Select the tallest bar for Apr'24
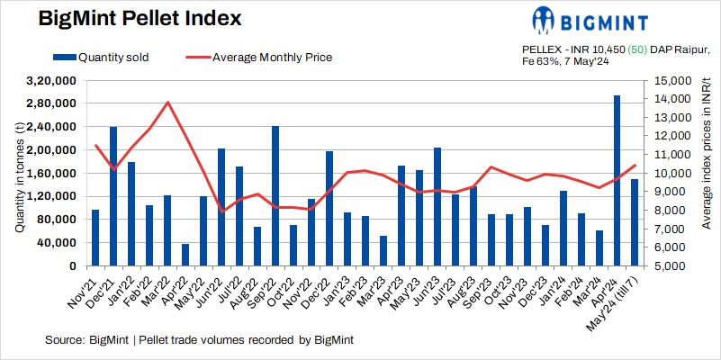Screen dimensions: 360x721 pos(617,181)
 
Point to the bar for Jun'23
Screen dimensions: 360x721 pos(437,207)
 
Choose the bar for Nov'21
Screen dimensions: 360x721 pos(95,238)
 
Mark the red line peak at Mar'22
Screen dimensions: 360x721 pos(168,102)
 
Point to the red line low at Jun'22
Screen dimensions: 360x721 pos(221,211)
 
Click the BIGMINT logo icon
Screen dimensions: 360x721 pos(544,20)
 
